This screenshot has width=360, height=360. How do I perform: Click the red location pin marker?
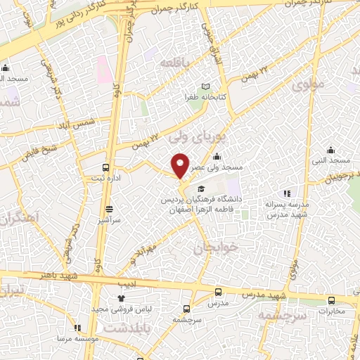tap(181, 165)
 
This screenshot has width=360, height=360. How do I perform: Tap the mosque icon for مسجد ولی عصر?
tap(218, 157)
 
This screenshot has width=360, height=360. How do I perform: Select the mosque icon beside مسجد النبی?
tap(331, 150)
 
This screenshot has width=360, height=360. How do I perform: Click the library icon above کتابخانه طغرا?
tap(205, 85)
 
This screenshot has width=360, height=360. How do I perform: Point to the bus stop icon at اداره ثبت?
tap(105, 167)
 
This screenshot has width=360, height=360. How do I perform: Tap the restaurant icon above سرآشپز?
tap(109, 208)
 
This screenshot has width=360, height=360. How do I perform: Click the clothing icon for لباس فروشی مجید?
tap(121, 299)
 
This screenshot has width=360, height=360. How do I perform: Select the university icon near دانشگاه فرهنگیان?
tap(202, 188)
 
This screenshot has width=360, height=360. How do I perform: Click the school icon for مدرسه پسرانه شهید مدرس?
tap(286, 193)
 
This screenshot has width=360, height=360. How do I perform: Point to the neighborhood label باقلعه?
tap(176, 64)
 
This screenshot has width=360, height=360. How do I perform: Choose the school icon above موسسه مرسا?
tap(77, 327)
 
